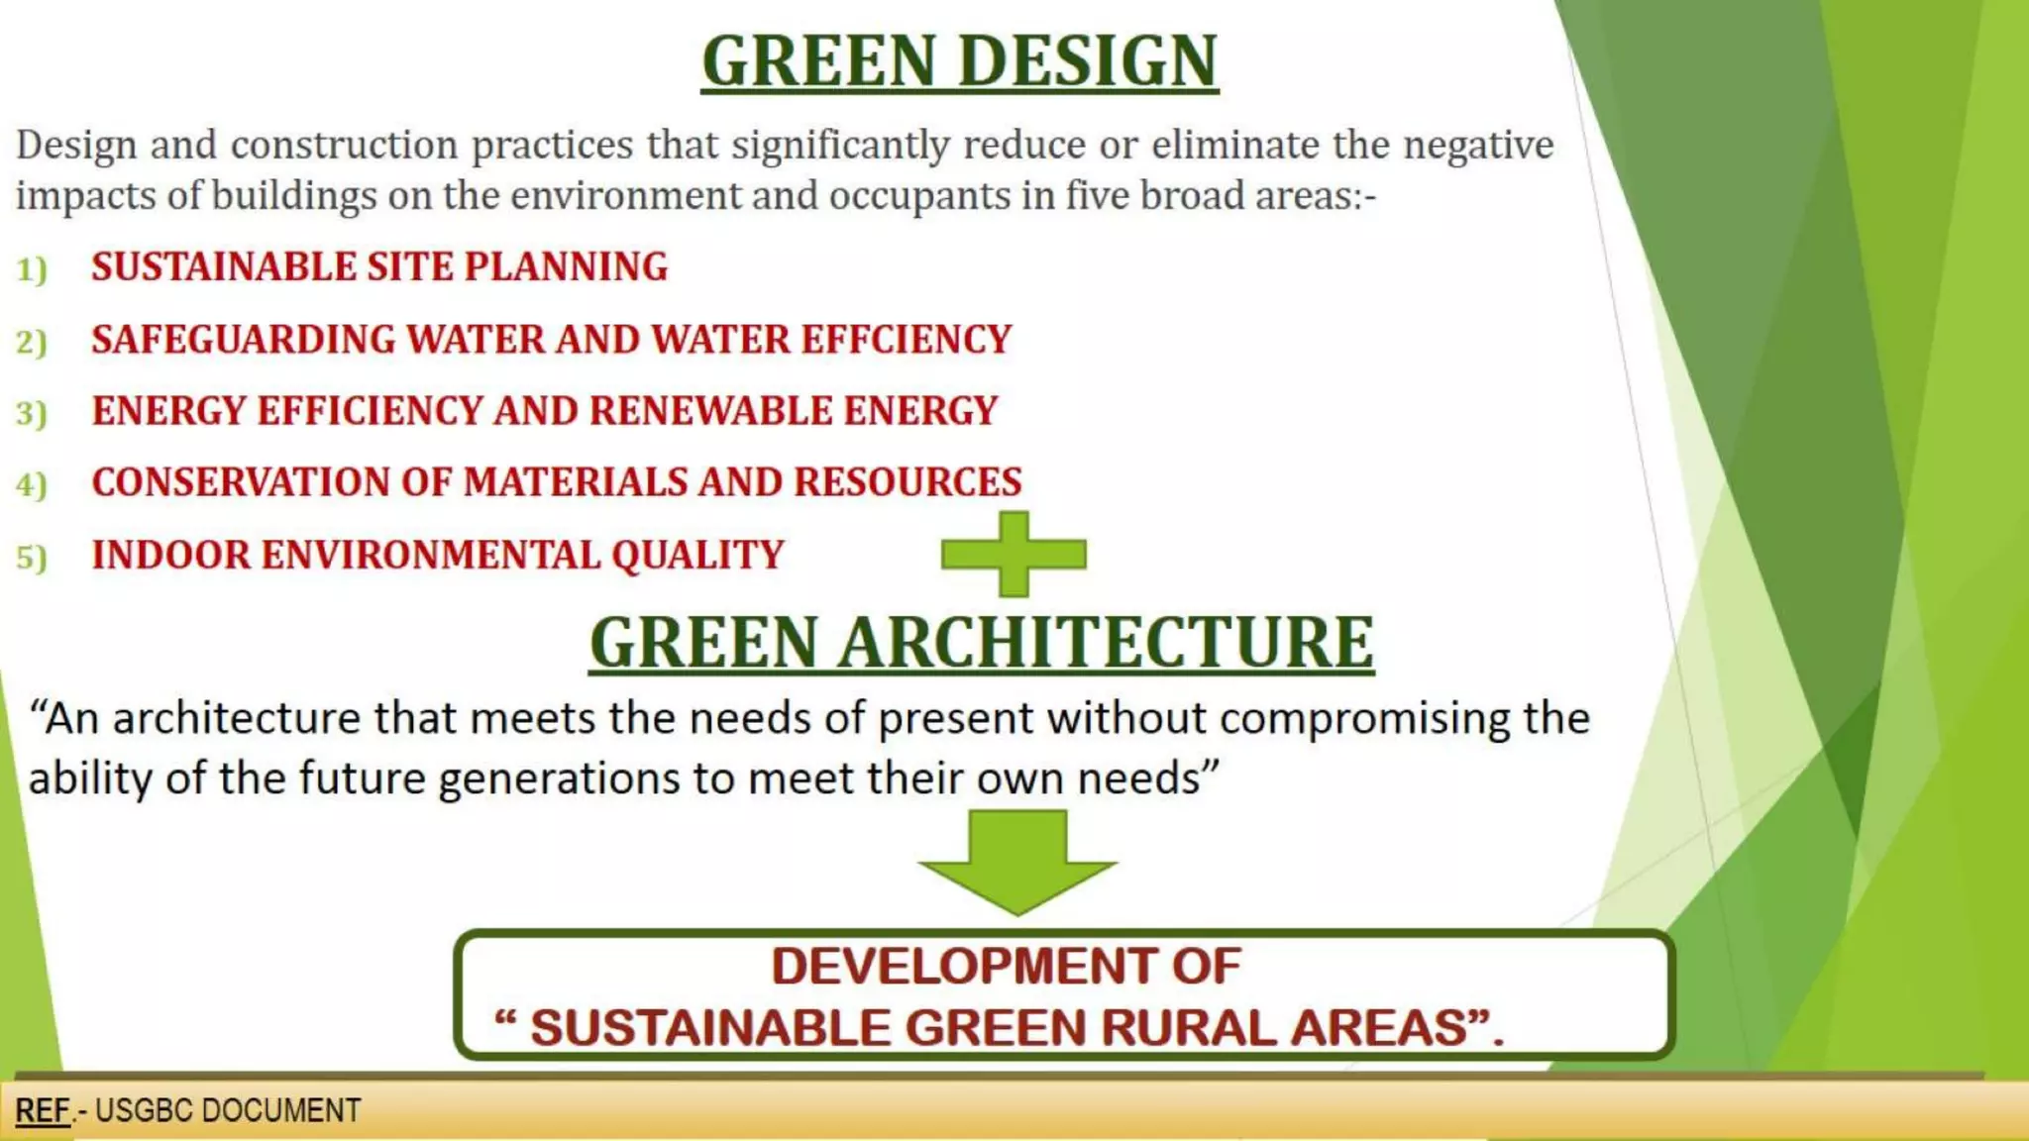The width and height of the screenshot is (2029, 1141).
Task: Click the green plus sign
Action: (x=1014, y=554)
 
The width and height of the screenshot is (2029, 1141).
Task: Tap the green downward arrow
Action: (x=1017, y=860)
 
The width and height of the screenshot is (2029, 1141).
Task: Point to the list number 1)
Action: (x=32, y=268)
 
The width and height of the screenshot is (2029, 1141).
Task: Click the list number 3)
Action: (x=32, y=413)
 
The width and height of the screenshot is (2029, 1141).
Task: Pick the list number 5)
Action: (x=32, y=558)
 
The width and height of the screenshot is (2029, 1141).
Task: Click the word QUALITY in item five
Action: (x=697, y=555)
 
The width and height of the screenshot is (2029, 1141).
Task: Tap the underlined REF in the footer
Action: (x=43, y=1110)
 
